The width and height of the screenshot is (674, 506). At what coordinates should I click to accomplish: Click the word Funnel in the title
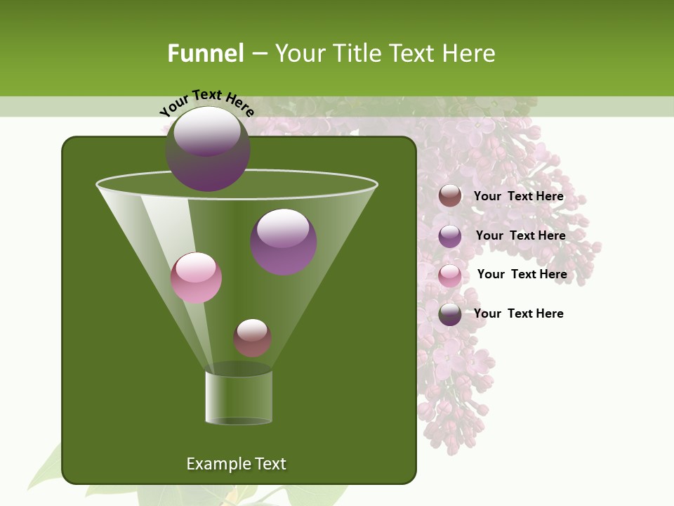tap(205, 53)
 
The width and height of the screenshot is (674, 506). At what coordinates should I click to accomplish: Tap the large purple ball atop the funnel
tap(207, 148)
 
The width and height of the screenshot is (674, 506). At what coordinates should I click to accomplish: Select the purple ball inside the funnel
tap(283, 241)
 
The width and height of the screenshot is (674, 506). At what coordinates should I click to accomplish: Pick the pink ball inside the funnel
tap(196, 278)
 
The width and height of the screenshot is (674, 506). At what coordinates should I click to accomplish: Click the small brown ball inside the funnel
tap(252, 337)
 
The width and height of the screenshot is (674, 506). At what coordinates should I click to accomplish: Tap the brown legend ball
tap(450, 196)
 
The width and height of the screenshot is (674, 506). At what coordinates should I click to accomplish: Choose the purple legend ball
tap(450, 235)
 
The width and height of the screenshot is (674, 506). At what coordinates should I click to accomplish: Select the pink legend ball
tap(450, 275)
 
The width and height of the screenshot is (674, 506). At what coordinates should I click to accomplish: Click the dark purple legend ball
tap(450, 313)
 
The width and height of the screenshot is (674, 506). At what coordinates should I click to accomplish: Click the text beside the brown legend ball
tap(518, 197)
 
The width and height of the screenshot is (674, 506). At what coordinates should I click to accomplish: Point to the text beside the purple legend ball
tap(520, 236)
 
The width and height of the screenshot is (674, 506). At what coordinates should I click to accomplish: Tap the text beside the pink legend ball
tap(522, 275)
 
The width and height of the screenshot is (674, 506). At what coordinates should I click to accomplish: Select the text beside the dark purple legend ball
tap(518, 313)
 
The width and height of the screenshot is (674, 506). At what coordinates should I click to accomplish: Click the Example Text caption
tap(236, 464)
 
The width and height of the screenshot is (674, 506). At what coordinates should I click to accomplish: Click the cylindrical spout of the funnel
tap(239, 397)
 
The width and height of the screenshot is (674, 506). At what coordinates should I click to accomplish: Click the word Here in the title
tap(470, 53)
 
